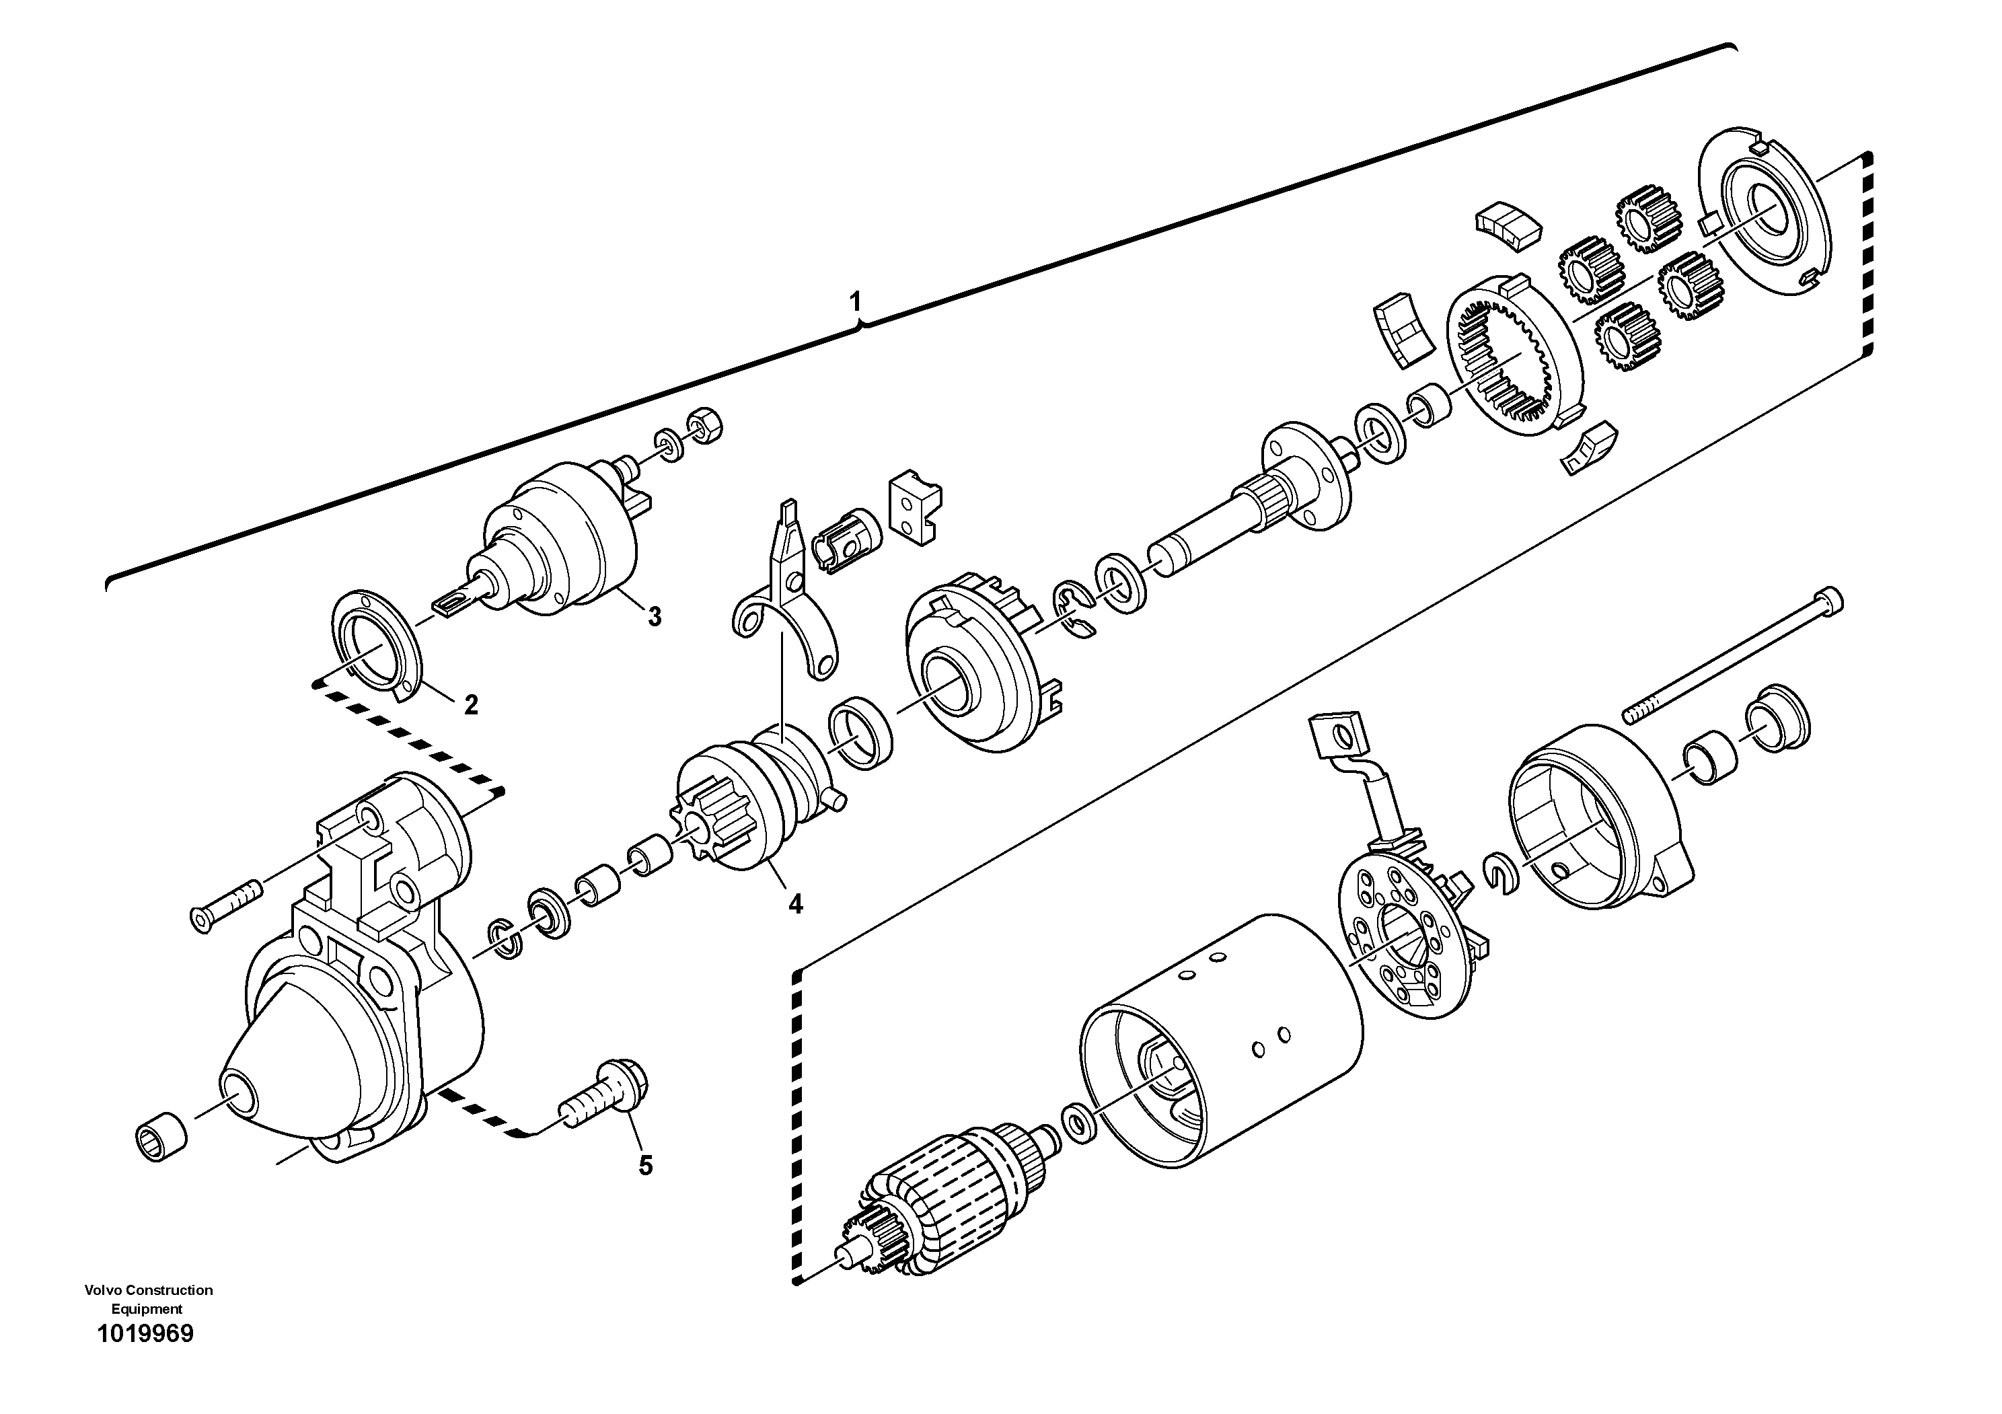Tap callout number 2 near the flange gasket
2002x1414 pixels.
tap(471, 704)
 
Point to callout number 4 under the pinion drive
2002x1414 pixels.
tap(795, 904)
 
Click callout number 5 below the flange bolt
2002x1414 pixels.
tap(645, 1166)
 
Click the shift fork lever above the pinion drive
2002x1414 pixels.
tap(785, 601)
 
